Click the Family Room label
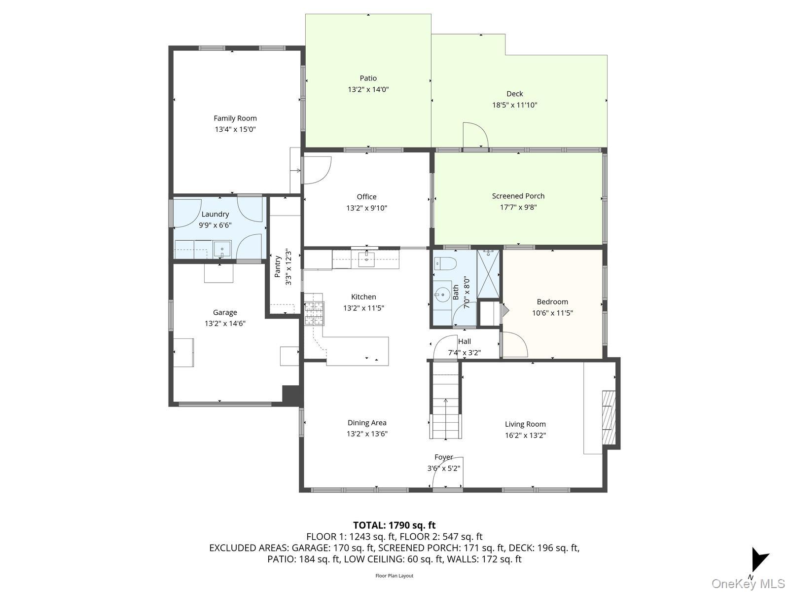[x=235, y=118]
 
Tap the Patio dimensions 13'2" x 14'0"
[x=368, y=90]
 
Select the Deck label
[x=514, y=94]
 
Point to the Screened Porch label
[x=518, y=196]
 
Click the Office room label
[x=366, y=197]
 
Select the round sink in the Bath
[x=442, y=295]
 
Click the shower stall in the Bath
[x=488, y=274]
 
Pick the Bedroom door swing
[x=514, y=344]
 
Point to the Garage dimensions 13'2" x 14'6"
[x=225, y=324]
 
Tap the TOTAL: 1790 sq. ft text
[x=394, y=525]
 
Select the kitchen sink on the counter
[x=366, y=259]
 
